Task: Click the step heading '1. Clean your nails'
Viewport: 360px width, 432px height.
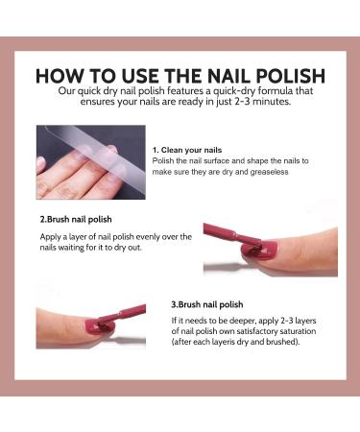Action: (188, 151)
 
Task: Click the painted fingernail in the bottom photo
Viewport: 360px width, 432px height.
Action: (72, 324)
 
